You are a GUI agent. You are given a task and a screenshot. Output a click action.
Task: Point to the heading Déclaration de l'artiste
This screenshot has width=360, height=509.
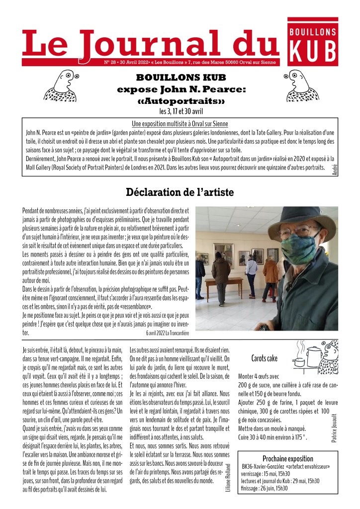(x=180, y=191)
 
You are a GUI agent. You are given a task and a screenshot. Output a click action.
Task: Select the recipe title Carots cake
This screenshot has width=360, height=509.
(x=265, y=358)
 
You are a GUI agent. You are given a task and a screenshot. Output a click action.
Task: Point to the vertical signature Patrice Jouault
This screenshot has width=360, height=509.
(x=334, y=421)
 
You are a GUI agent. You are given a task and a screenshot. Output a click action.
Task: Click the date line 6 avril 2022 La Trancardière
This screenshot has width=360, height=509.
(x=169, y=332)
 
